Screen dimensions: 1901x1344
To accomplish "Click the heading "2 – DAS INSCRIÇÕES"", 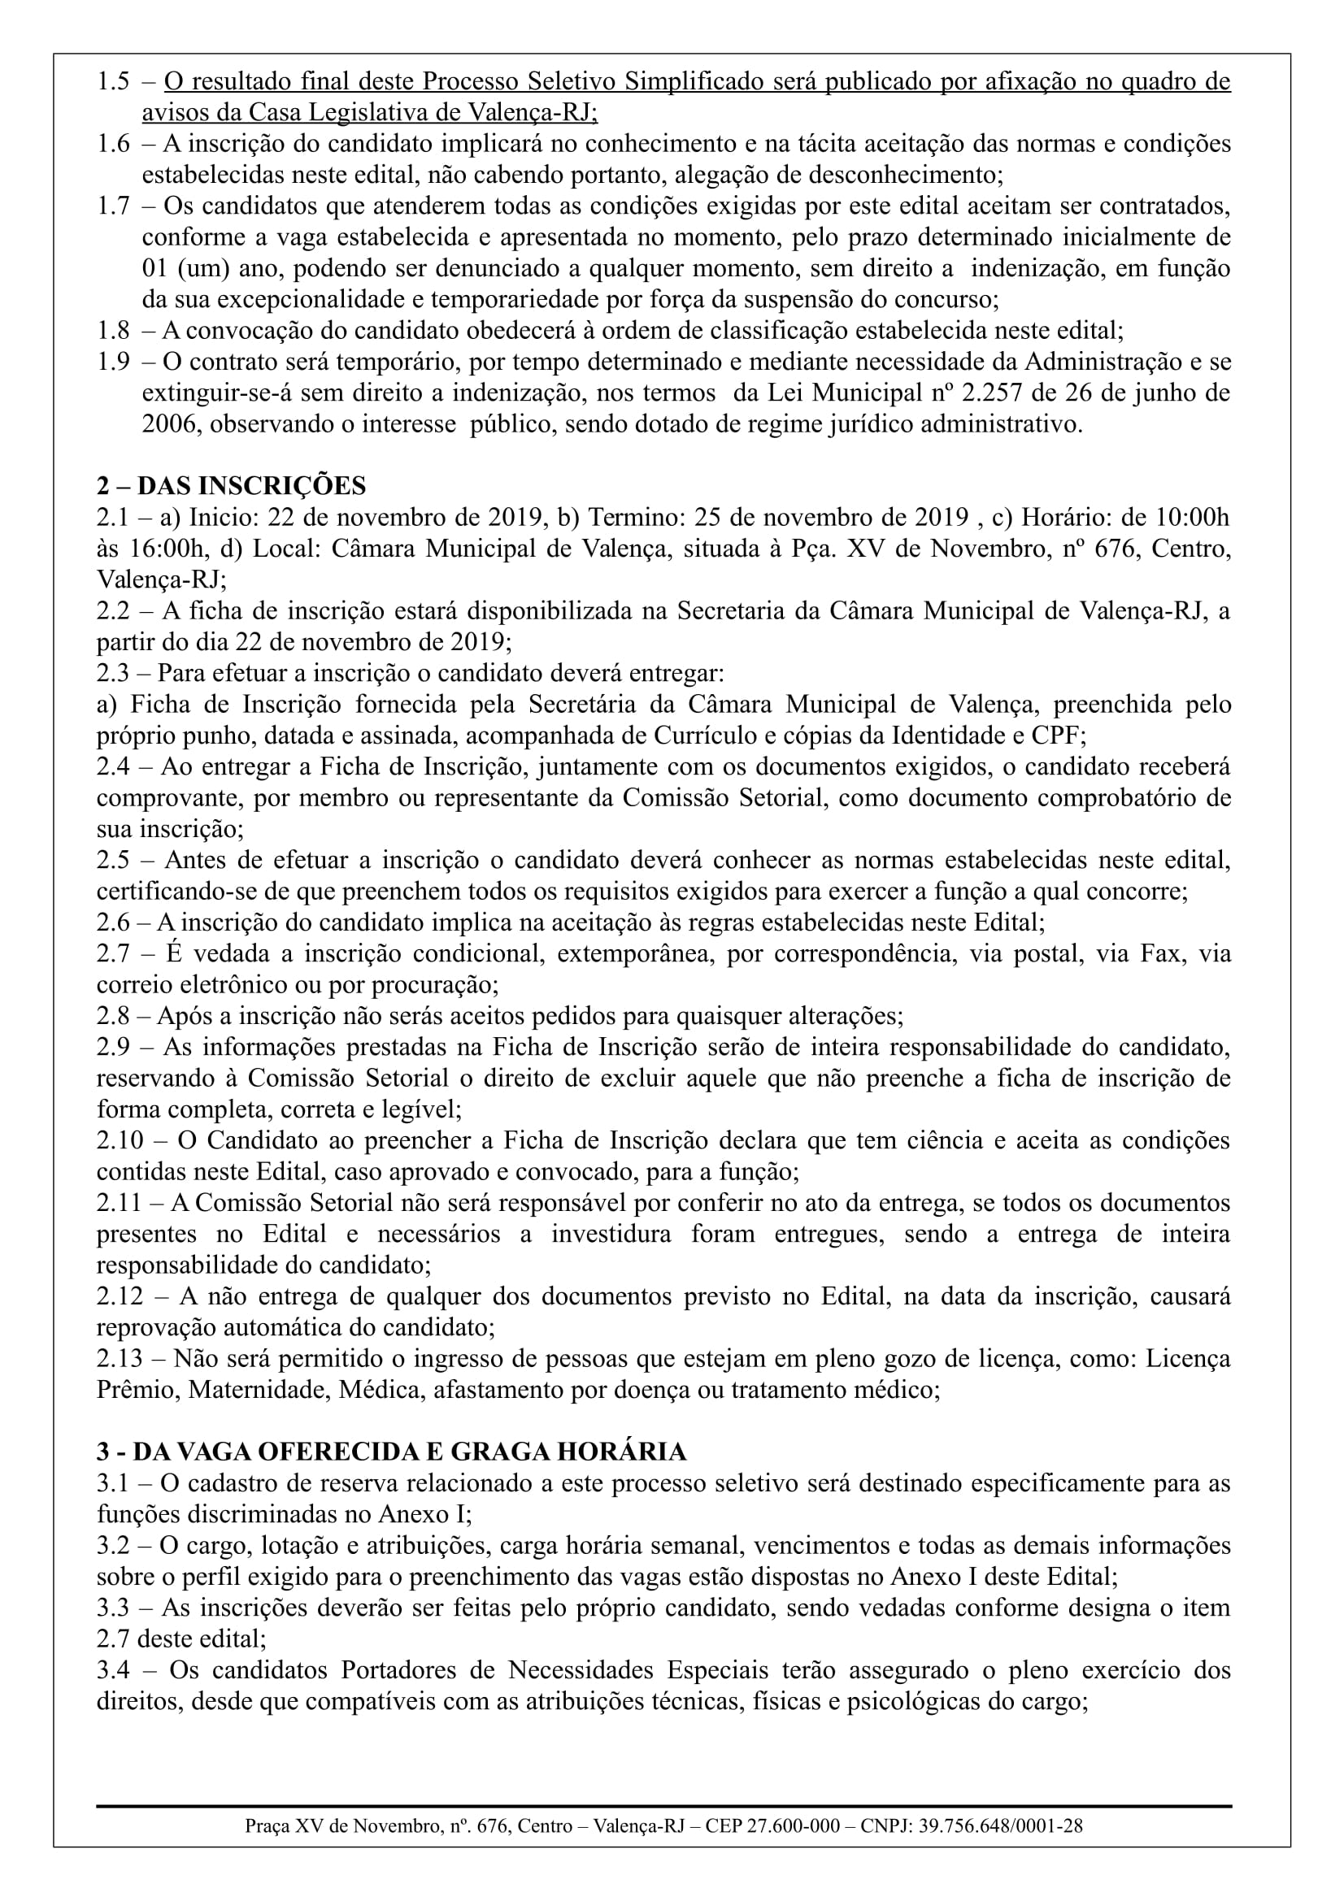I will (x=231, y=486).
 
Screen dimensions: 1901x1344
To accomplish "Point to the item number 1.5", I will (x=114, y=81).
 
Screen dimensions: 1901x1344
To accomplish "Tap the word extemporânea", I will (x=633, y=954).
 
